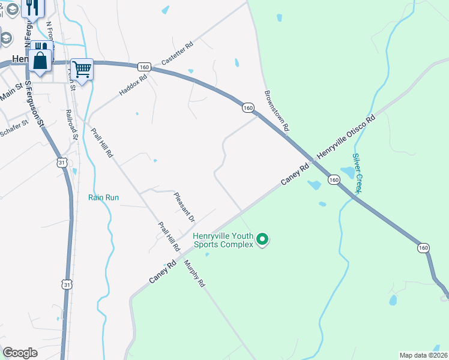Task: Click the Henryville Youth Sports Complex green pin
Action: tap(262, 241)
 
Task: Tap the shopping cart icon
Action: tap(82, 68)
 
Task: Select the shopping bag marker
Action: tap(40, 62)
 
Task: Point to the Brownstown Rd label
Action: tap(276, 112)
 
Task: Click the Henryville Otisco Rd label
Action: tap(346, 136)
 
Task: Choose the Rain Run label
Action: tap(103, 197)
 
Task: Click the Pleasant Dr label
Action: tap(184, 207)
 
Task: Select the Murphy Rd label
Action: tap(195, 273)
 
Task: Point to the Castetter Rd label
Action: tap(177, 54)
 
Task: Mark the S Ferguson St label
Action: tap(34, 106)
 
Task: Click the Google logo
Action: tap(20, 352)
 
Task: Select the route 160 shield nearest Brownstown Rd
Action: tap(248, 107)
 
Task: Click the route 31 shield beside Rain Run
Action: tap(62, 163)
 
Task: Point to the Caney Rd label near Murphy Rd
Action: tap(163, 272)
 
